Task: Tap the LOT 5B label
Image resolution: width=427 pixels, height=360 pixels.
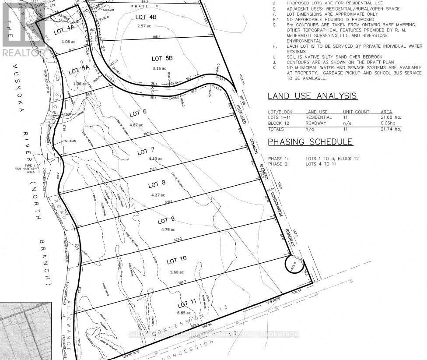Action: (x=162, y=58)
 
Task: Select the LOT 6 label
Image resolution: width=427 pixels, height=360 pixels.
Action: (x=138, y=113)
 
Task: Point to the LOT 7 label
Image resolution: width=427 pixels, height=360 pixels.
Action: (x=146, y=152)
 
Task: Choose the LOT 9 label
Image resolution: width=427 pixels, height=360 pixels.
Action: (x=167, y=219)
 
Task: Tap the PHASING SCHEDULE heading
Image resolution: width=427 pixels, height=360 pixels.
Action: (x=310, y=142)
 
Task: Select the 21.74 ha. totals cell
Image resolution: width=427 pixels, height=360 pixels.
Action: (x=391, y=129)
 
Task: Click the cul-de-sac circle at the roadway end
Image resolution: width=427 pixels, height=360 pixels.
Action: (x=293, y=264)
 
